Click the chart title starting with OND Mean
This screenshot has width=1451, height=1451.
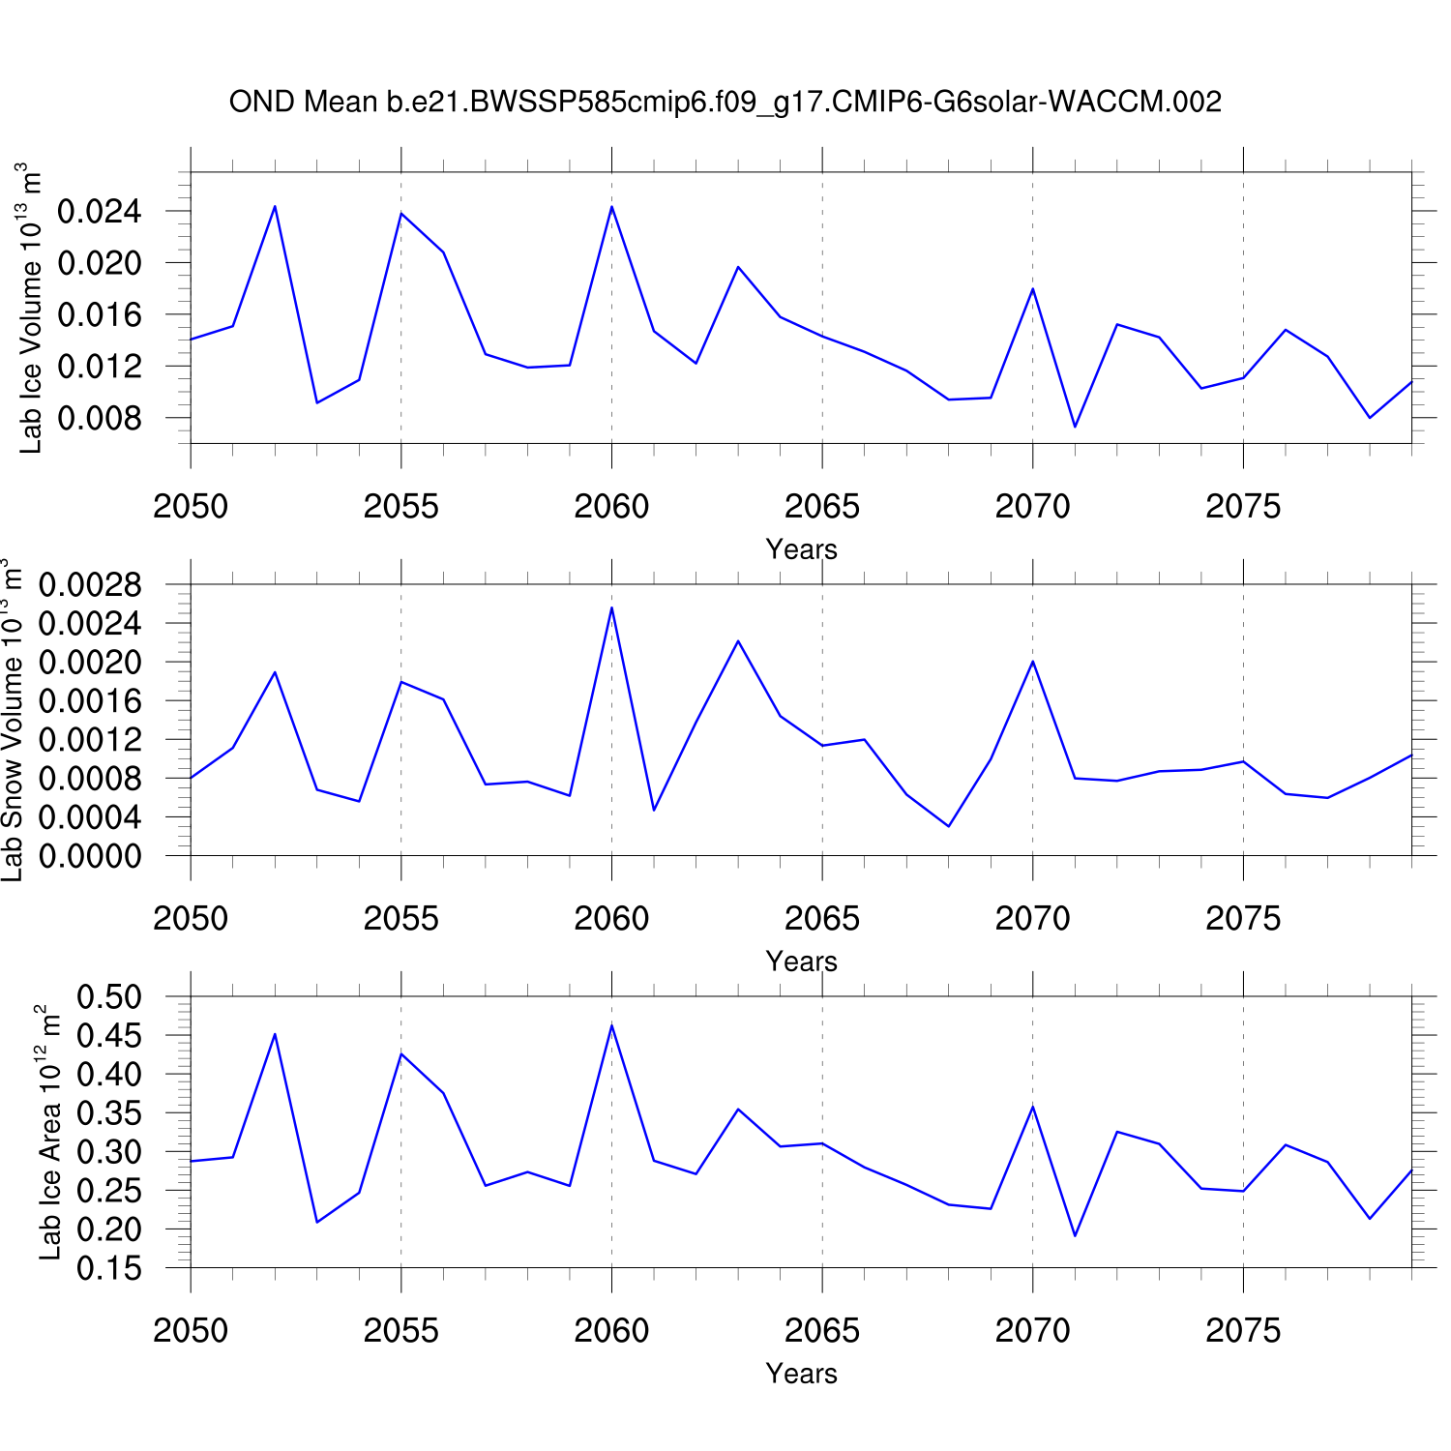pos(725,102)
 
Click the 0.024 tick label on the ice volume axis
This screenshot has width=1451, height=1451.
pos(99,211)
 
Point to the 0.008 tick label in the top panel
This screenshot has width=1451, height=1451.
pos(99,418)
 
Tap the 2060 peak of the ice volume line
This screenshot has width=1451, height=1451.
pos(611,207)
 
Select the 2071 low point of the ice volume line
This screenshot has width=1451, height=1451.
pos(1075,427)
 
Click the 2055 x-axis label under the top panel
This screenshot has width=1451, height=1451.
pos(400,506)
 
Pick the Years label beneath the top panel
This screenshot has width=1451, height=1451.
pos(801,549)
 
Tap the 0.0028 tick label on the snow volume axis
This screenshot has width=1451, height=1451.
pos(89,584)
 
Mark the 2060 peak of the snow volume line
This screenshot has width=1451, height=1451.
pos(611,607)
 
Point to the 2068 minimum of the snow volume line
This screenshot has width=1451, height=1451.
pos(949,826)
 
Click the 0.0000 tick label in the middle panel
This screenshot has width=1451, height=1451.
pos(89,856)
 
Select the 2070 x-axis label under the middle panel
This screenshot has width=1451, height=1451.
pos(1032,918)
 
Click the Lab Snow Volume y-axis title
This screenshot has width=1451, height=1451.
pos(12,720)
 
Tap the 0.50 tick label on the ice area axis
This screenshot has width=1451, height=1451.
pos(108,996)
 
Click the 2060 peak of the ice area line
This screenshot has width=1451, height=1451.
pos(611,1025)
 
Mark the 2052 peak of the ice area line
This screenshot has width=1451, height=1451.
pos(275,1034)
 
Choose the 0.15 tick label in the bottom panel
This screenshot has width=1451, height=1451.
pos(108,1268)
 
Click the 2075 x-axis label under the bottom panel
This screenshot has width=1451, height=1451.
pos(1243,1330)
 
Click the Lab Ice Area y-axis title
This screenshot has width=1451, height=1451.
pos(49,1132)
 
